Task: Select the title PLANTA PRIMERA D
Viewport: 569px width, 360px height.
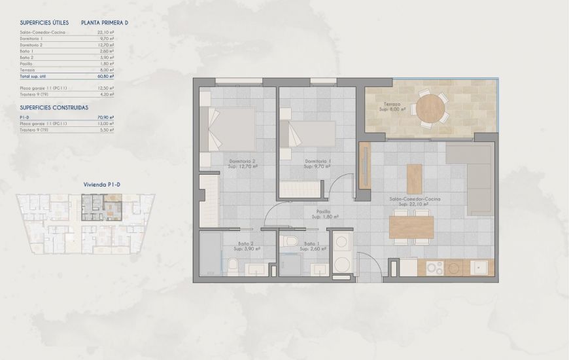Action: pos(105,22)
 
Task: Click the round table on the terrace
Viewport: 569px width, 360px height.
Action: pos(432,110)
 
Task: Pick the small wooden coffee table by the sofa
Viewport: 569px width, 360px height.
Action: pos(415,178)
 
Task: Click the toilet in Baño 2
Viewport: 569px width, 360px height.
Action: pos(234,265)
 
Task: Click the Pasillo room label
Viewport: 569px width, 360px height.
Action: pos(320,212)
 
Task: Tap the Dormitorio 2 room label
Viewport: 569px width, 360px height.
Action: pos(242,161)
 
